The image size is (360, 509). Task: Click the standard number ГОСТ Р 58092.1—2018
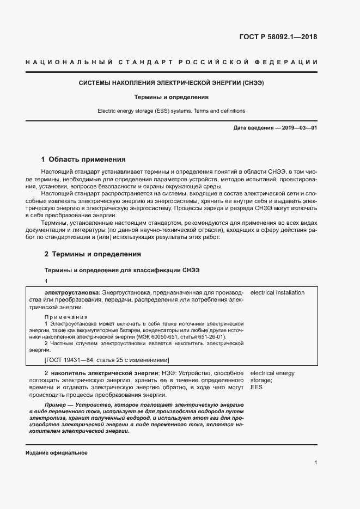coord(278,38)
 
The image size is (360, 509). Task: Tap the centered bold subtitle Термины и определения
coord(172,97)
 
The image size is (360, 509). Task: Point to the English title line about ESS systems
coord(172,111)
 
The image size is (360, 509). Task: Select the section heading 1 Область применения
coord(84,160)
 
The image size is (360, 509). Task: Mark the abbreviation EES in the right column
coord(256,388)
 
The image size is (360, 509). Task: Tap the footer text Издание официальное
coord(56,453)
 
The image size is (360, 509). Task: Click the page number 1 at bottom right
coord(316,463)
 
